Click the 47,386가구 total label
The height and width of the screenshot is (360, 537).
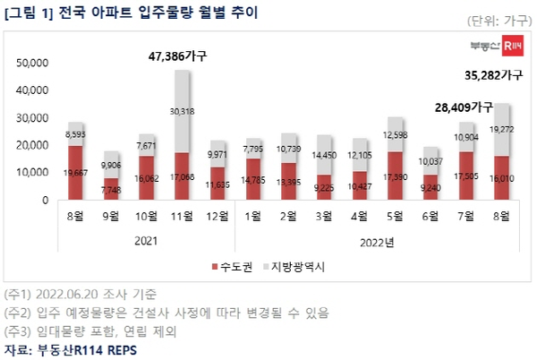click(x=176, y=56)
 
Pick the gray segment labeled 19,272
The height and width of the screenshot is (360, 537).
click(x=501, y=130)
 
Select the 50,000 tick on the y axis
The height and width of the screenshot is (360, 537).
click(x=32, y=63)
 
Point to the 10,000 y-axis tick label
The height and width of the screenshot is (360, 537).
click(x=32, y=173)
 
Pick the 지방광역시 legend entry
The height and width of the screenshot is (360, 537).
click(x=296, y=267)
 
